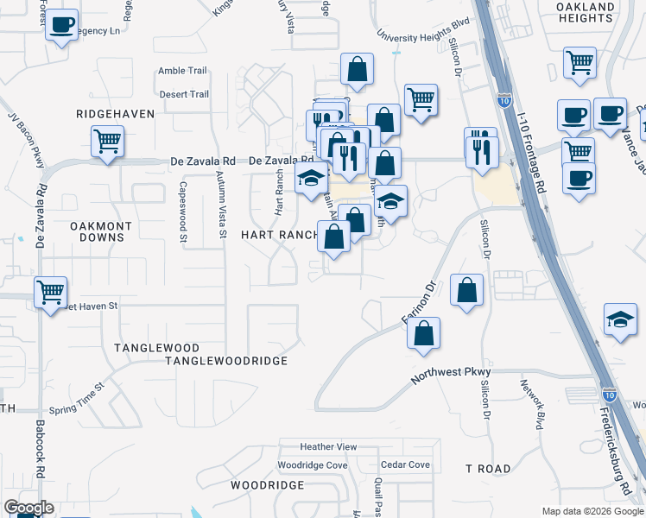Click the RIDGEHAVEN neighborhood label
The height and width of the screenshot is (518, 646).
pos(114,113)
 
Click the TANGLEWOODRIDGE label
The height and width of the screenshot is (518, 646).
pos(225,361)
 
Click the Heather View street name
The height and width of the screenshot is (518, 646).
pos(328,446)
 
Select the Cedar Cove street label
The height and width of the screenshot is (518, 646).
pos(405,464)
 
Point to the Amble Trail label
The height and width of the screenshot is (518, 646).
pos(183,72)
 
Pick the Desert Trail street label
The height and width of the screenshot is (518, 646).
pos(183,94)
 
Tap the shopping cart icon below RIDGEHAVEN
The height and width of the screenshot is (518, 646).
pos(107,141)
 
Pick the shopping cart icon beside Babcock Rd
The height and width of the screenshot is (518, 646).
pos(51,293)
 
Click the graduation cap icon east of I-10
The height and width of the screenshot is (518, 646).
pos(620,319)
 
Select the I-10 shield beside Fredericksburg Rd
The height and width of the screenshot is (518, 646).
pos(610,394)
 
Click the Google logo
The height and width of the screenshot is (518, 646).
pos(28,508)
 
